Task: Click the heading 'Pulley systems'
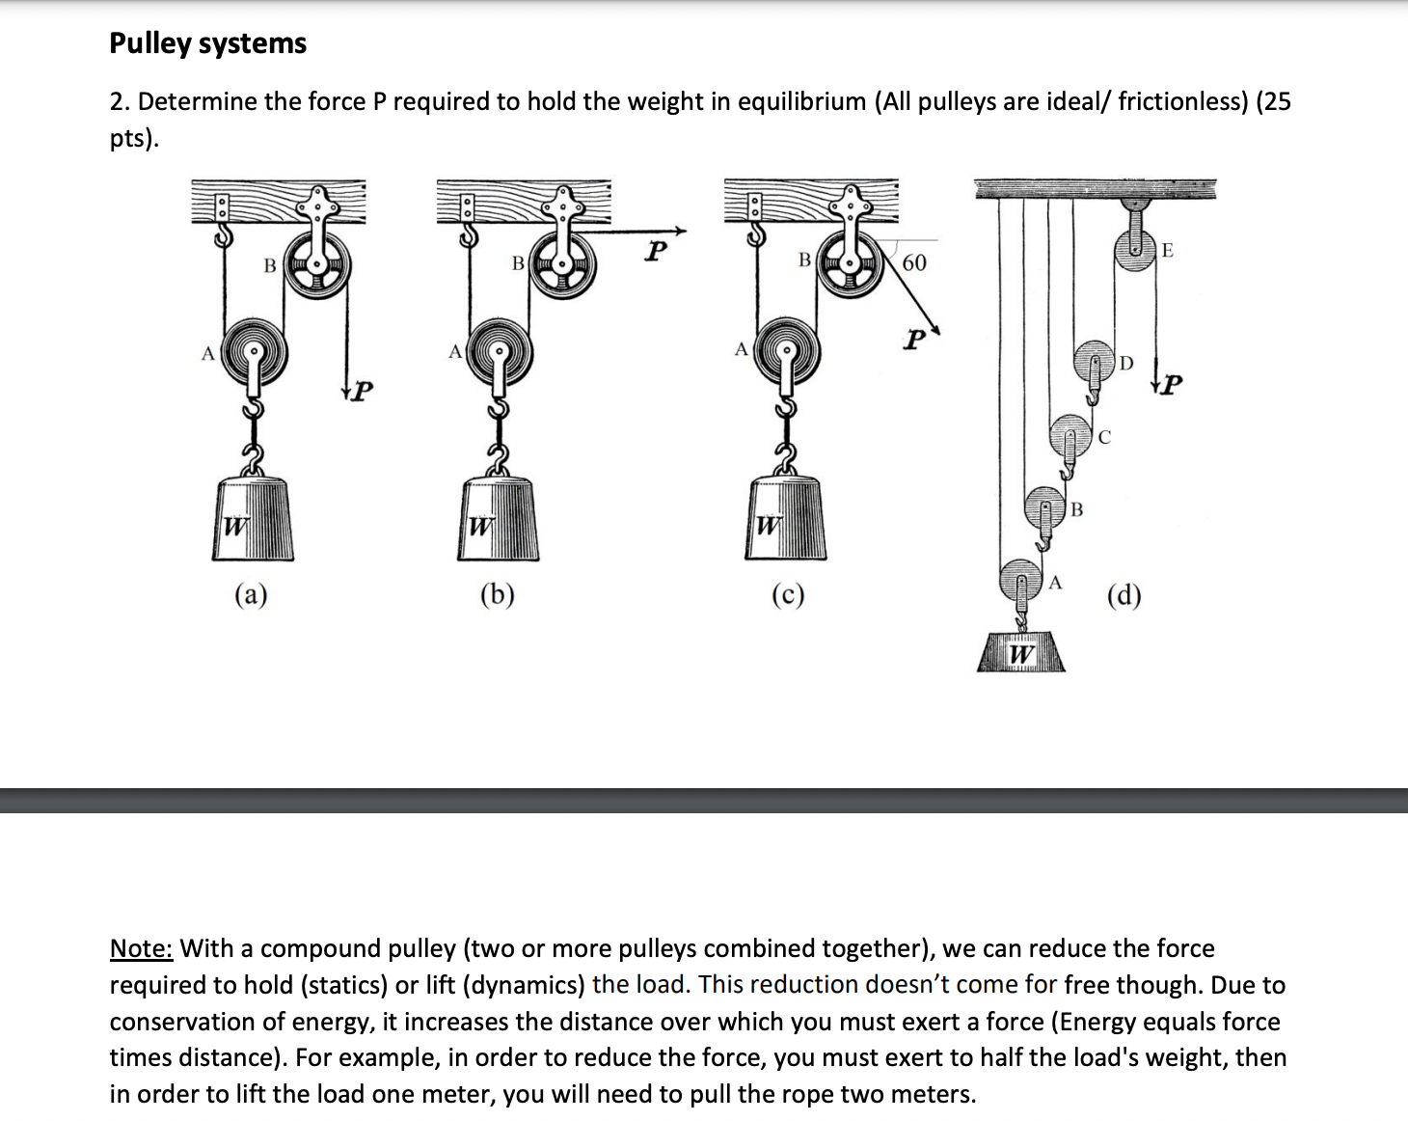click(207, 43)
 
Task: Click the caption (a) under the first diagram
click(251, 594)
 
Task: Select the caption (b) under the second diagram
click(497, 594)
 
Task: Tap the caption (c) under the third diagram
click(787, 594)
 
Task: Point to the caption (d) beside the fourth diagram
click(1124, 595)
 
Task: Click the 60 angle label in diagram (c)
click(913, 262)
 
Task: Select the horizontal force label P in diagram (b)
click(656, 252)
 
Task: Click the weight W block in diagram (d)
click(1020, 653)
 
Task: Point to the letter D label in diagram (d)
click(1126, 364)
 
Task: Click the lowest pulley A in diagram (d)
click(1020, 581)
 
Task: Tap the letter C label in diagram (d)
click(1104, 437)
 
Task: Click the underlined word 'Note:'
click(141, 948)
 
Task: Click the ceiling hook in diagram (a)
click(224, 233)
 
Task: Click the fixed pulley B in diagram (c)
click(850, 262)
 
